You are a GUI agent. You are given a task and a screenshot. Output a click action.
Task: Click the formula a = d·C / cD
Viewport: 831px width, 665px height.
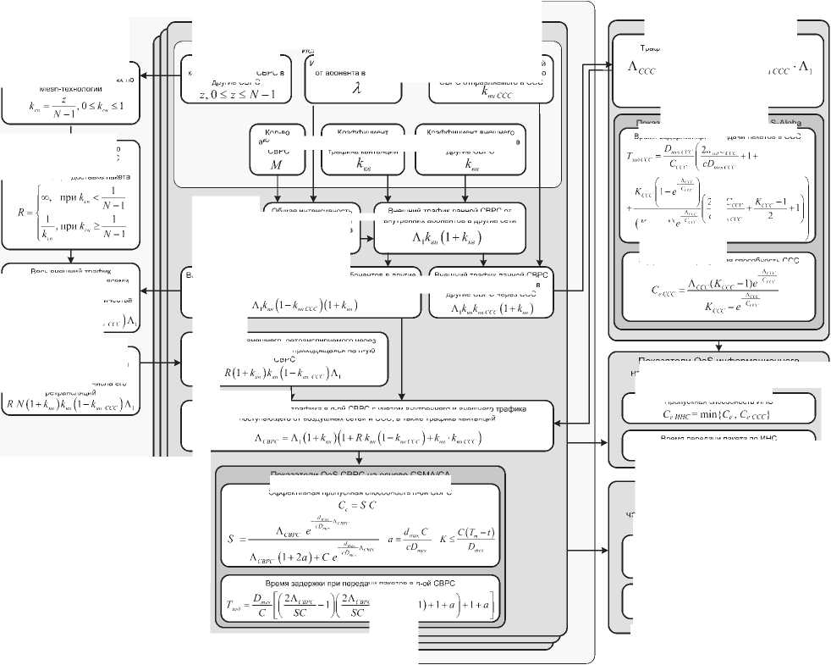(402, 539)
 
